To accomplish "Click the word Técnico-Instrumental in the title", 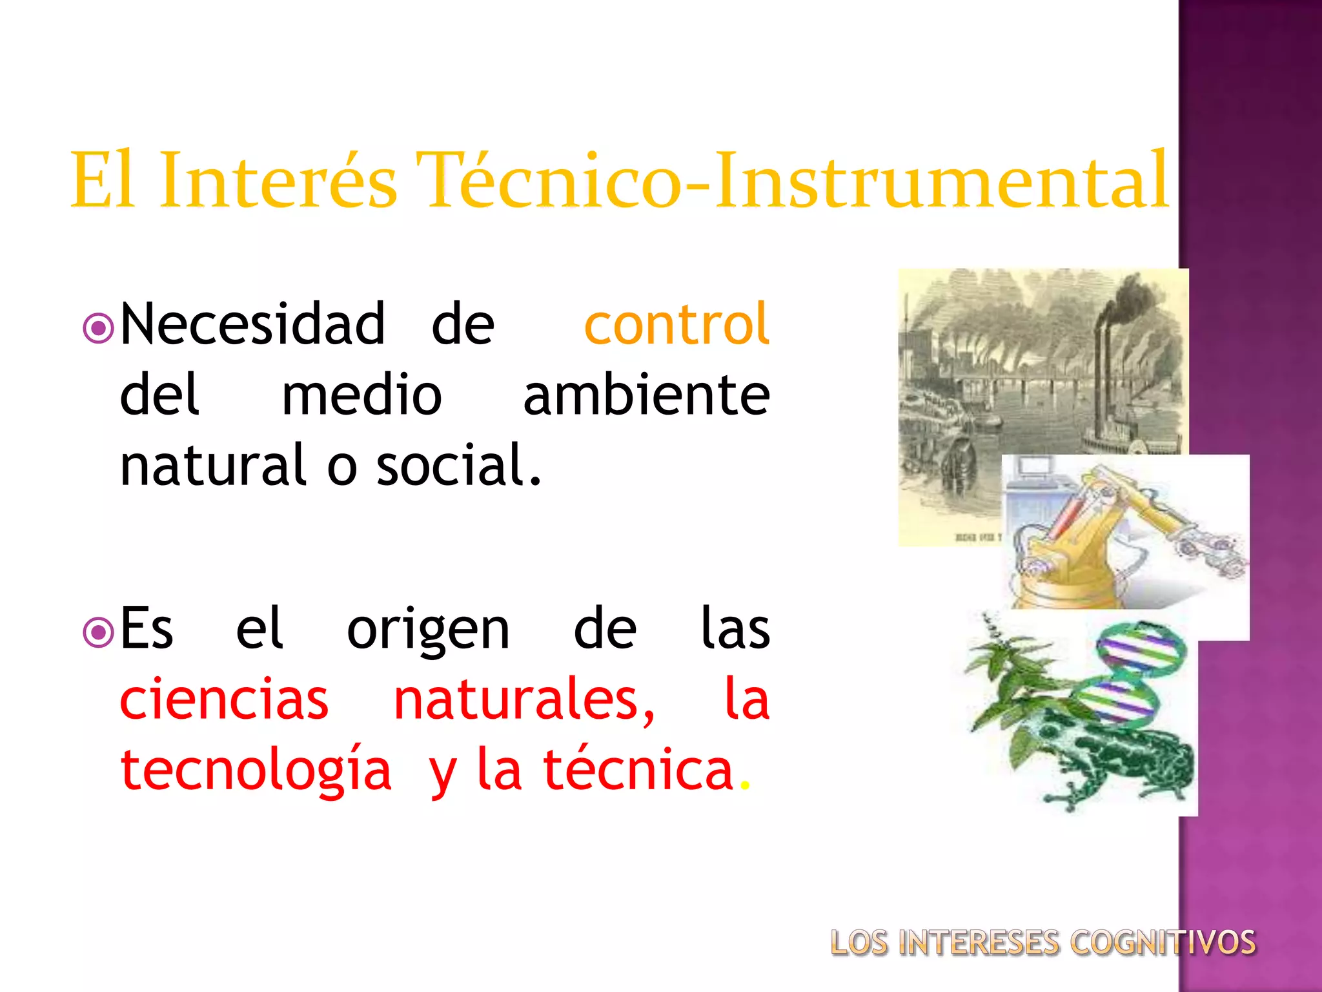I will [x=792, y=180].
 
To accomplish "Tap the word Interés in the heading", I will [x=278, y=180].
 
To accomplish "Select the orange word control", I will [x=676, y=324].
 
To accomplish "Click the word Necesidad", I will [x=252, y=324].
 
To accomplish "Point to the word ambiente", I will [x=646, y=395].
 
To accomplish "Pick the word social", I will [x=458, y=466].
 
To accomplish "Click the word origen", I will [x=428, y=630].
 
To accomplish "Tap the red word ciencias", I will [x=224, y=700].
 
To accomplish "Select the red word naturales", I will [x=524, y=700].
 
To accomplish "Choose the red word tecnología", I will [x=256, y=771].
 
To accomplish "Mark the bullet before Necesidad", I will [x=99, y=329].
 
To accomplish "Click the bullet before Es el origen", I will [x=99, y=634].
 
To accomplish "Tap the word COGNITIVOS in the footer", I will [x=1163, y=943].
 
